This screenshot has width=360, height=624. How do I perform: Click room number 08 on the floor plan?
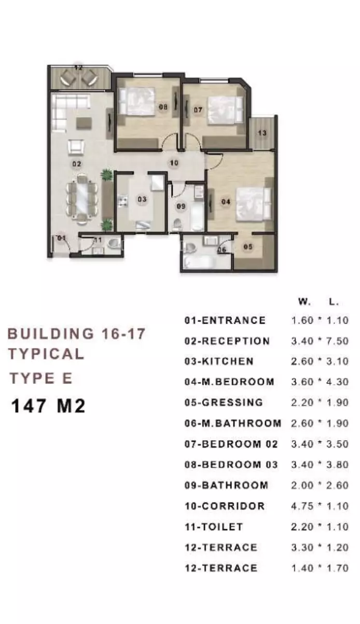pyautogui.click(x=163, y=107)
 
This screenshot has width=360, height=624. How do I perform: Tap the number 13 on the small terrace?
pyautogui.click(x=262, y=133)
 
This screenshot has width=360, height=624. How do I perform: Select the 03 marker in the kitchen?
pyautogui.click(x=142, y=199)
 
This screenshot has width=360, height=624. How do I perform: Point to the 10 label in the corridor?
pyautogui.click(x=174, y=163)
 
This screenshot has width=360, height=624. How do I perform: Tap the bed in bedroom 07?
pyautogui.click(x=226, y=109)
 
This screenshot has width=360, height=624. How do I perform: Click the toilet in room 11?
pyautogui.click(x=113, y=244)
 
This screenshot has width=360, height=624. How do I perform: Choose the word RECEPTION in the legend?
pyautogui.click(x=236, y=341)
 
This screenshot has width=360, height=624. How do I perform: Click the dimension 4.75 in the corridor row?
pyautogui.click(x=302, y=506)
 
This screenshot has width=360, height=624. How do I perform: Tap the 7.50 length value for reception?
pyautogui.click(x=338, y=341)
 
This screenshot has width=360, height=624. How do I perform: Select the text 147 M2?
pyautogui.click(x=48, y=405)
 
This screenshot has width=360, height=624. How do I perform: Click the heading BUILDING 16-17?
pyautogui.click(x=76, y=333)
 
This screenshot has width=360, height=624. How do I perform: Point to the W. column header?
pyautogui.click(x=304, y=302)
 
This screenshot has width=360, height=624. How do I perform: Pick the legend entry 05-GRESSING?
pyautogui.click(x=224, y=402)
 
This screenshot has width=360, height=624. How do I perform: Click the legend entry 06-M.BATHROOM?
pyautogui.click(x=233, y=424)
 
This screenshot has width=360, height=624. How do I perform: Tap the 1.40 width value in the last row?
pyautogui.click(x=302, y=568)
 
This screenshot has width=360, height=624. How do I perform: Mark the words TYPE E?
pyautogui.click(x=41, y=378)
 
